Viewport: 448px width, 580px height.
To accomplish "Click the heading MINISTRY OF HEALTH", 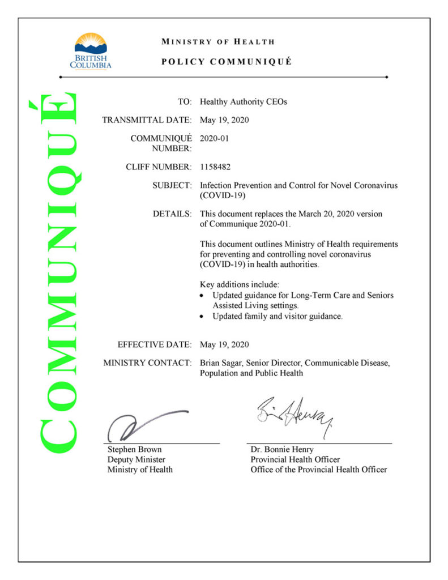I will point(218,41).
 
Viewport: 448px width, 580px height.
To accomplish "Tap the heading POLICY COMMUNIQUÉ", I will point(227,62).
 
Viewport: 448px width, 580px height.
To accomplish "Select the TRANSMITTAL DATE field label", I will point(147,120).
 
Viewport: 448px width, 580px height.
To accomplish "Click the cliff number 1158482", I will point(215,167).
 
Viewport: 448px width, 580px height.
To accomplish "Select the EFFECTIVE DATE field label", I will point(154,344).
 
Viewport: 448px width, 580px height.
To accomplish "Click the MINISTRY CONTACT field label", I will point(147,362).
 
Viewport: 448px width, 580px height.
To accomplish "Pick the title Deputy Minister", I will point(136,459).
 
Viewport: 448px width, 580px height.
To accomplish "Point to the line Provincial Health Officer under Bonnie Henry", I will point(295,459).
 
